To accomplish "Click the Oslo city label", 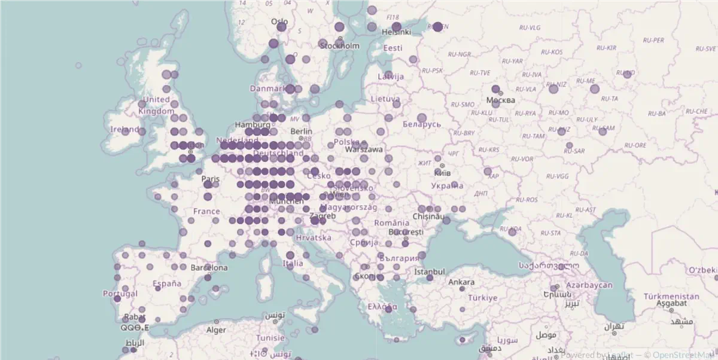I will (x=279, y=22).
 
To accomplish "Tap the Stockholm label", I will (x=340, y=45).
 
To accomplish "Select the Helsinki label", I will (x=396, y=32).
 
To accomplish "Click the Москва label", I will (x=501, y=100).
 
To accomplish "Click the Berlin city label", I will (x=301, y=132).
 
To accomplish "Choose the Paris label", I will (x=211, y=179).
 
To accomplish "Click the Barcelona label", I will (x=209, y=268).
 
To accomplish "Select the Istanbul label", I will (x=429, y=271).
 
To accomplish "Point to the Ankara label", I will (x=461, y=282).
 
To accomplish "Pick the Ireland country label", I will (x=125, y=129).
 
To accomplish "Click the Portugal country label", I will (x=120, y=294).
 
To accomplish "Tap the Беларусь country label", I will (x=422, y=124).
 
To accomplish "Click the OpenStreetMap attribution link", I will (x=685, y=354).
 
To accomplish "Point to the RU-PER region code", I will (x=653, y=40).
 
